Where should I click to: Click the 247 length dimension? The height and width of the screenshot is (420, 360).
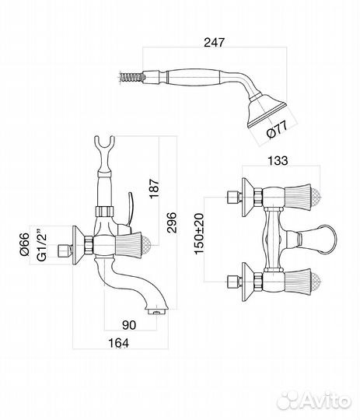click(x=214, y=42)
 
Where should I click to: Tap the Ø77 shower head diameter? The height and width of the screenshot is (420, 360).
click(x=278, y=129)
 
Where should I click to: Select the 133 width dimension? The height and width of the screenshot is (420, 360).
click(x=278, y=160)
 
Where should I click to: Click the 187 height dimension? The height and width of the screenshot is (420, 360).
click(x=154, y=189)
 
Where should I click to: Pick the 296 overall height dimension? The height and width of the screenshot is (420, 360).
click(x=172, y=222)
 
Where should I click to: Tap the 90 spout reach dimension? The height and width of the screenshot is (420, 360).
click(x=129, y=325)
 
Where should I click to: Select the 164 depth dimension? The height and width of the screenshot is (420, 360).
click(x=118, y=343)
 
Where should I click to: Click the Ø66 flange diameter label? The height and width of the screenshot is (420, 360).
click(x=24, y=244)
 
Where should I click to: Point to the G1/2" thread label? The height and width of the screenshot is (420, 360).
click(x=41, y=244)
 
